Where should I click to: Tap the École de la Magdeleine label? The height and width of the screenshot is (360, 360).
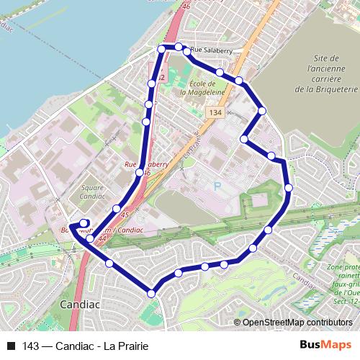click(x=193, y=88)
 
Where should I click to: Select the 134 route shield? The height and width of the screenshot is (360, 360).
click(x=213, y=113)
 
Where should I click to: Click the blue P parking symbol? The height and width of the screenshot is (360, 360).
click(x=217, y=186)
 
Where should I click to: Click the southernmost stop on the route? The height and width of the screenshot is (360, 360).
click(x=151, y=293)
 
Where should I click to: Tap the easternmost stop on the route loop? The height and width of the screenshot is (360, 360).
click(x=289, y=188)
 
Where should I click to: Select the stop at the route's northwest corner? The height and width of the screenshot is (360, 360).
click(x=161, y=49)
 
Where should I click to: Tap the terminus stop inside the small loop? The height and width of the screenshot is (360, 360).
click(x=84, y=222)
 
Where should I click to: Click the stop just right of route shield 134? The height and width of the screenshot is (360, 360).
click(x=262, y=110)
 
